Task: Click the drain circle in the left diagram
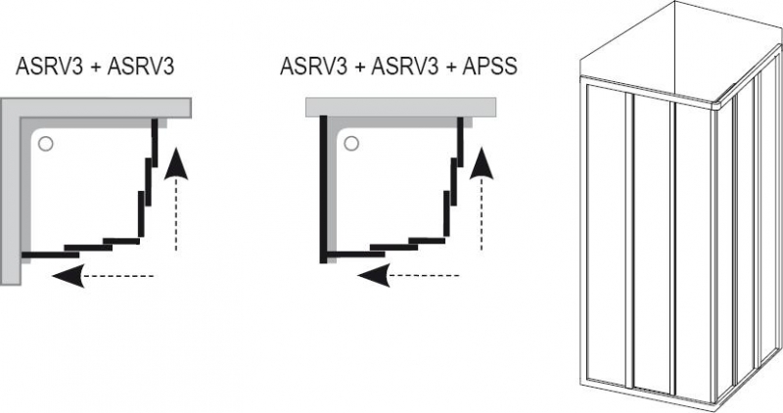[x=45, y=145]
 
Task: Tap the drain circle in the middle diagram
[x=349, y=145]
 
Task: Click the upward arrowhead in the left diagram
[x=175, y=163]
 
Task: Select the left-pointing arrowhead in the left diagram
[x=66, y=278]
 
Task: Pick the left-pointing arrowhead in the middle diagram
[x=370, y=278]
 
